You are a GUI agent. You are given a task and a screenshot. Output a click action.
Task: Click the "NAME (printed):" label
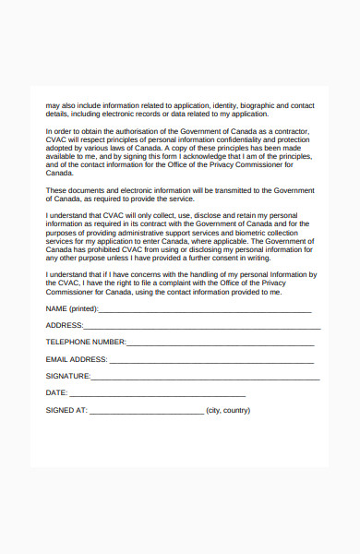coord(72,308)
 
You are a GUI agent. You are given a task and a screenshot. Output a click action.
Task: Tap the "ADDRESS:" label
coord(65,325)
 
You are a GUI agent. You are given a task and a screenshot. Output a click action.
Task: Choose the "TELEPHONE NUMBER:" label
coord(86,342)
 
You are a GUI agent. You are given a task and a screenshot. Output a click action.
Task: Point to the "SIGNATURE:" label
coord(68,376)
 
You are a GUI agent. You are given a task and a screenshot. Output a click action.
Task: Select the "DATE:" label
coord(57,392)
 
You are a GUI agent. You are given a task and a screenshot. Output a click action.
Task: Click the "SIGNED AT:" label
coord(66,410)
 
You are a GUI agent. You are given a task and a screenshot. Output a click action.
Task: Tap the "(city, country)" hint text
coord(228,410)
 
